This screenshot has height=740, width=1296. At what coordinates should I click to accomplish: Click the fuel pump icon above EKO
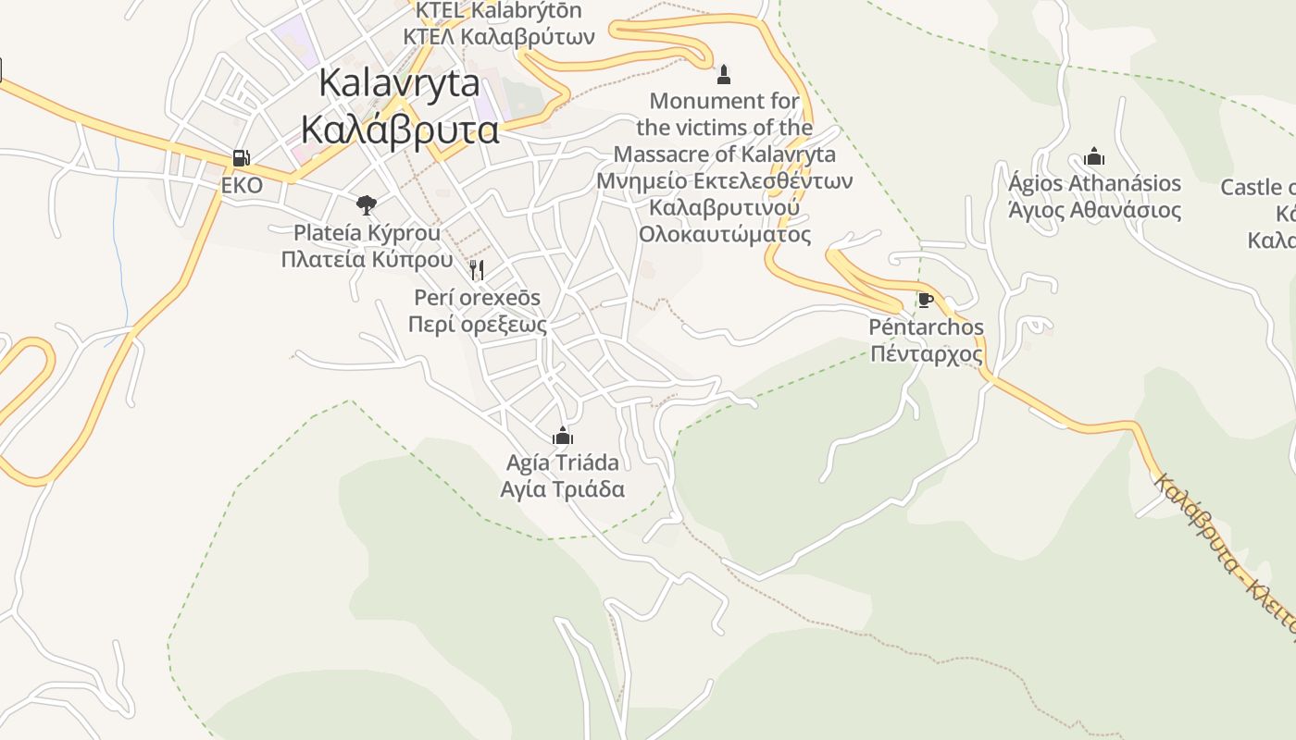tap(241, 158)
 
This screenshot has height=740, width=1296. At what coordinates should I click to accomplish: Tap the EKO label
tap(242, 186)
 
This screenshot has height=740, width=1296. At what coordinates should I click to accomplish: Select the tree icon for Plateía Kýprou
tap(367, 204)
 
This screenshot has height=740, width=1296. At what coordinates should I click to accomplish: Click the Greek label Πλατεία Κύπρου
tap(367, 259)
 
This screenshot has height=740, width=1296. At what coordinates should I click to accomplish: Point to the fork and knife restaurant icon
tap(477, 270)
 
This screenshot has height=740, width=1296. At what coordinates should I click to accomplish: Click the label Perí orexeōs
tap(477, 298)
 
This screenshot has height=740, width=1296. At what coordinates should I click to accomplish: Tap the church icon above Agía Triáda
tap(562, 435)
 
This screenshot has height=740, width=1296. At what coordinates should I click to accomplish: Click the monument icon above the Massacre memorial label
tap(724, 74)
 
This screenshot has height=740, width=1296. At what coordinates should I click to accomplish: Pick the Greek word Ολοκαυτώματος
tap(724, 234)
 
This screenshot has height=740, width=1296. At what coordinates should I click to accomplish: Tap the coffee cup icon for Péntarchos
tap(925, 299)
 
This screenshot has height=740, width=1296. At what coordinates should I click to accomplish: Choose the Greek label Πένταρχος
tap(926, 353)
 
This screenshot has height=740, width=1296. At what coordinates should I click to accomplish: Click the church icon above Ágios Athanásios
tap(1094, 156)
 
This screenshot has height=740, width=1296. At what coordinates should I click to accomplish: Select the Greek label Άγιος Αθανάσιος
tap(1094, 211)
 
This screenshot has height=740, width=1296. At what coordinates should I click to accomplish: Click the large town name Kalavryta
tap(399, 83)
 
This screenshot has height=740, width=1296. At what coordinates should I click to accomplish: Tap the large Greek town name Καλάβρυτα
tap(400, 129)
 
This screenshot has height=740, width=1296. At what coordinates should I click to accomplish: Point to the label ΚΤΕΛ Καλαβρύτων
tap(499, 37)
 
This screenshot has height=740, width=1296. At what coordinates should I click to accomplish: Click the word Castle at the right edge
tap(1250, 188)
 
